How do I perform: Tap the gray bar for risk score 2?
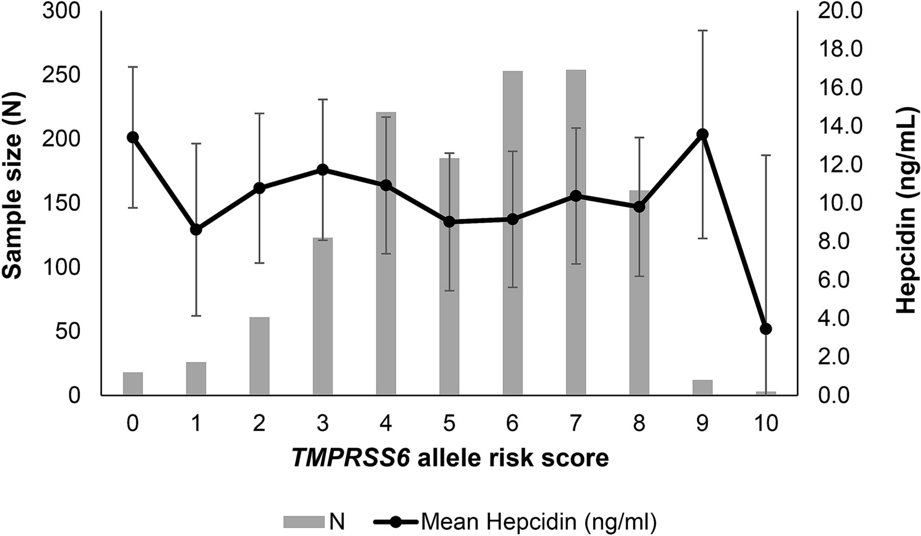tap(259, 356)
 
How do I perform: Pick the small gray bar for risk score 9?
tap(702, 387)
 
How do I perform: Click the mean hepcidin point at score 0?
tap(133, 137)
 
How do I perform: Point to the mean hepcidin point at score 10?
tap(765, 329)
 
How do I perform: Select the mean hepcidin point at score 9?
tap(702, 134)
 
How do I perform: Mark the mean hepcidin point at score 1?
tap(196, 229)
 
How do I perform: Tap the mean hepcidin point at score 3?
tap(323, 170)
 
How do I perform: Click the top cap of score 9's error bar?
tap(702, 30)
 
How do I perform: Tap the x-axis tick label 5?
tap(449, 424)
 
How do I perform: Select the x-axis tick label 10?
tap(765, 424)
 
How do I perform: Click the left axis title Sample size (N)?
tap(14, 184)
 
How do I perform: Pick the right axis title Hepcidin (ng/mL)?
tap(906, 209)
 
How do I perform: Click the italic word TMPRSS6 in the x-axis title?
tap(350, 458)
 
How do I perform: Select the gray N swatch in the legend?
tap(303, 522)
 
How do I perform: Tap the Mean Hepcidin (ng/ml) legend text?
tap(539, 522)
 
